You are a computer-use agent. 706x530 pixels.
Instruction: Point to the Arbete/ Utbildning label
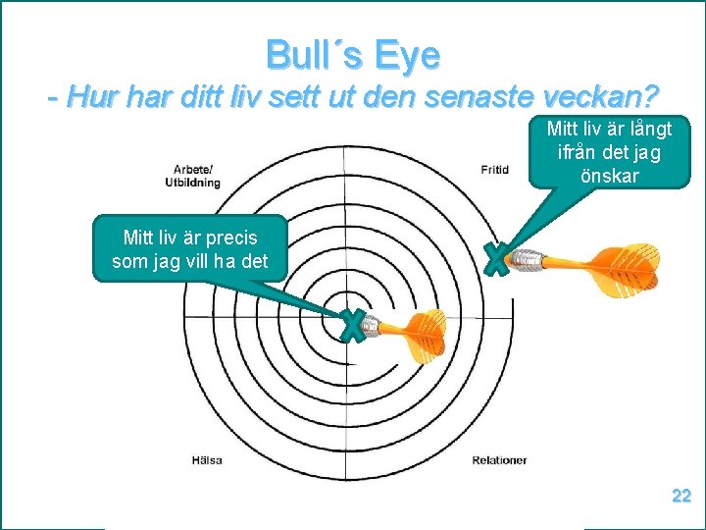(x=197, y=176)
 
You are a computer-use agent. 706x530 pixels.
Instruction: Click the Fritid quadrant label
(x=495, y=170)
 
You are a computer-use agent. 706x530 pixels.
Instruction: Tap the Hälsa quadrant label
(x=206, y=459)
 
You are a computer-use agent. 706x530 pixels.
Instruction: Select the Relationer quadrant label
(x=499, y=459)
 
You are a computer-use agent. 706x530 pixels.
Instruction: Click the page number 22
(x=681, y=497)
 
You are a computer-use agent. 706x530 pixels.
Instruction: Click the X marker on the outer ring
(x=498, y=259)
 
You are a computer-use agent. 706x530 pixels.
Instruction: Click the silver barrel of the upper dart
(x=529, y=261)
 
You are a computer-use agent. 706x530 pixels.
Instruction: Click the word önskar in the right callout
(x=610, y=177)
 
